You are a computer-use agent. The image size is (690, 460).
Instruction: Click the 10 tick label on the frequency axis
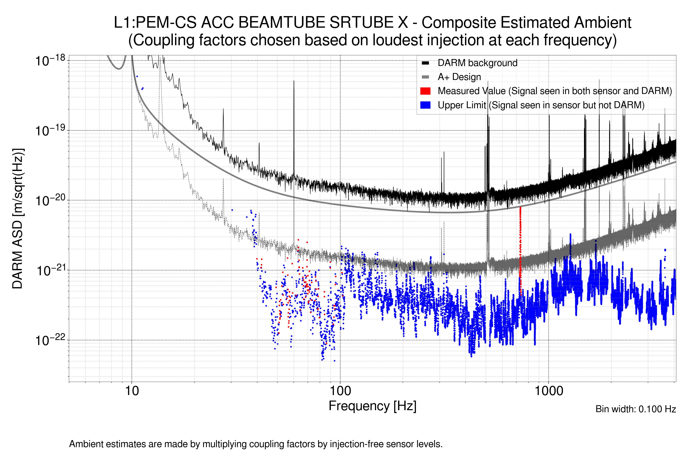[x=132, y=391]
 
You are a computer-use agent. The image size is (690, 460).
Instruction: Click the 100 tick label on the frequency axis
[x=340, y=391]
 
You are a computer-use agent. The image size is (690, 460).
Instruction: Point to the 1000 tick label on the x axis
[x=549, y=391]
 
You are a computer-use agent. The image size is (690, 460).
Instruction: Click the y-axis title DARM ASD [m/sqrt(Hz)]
[x=18, y=219]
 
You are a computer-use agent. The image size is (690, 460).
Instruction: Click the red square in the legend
[x=425, y=91]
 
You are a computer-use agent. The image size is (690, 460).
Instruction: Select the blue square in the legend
[x=425, y=105]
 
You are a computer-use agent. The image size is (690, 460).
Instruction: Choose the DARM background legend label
[x=477, y=63]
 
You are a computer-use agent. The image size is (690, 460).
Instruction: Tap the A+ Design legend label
[x=459, y=77]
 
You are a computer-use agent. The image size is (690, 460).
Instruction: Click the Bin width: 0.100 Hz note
[x=635, y=409]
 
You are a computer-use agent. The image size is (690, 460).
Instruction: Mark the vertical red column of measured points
[x=520, y=249]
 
